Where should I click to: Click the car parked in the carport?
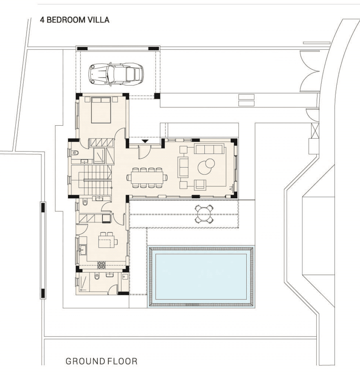coord(116,74)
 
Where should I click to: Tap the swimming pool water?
coord(201,277)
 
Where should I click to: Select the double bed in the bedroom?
coord(101,110)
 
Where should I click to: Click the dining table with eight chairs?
coord(147,178)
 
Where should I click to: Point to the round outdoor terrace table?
coord(204,213)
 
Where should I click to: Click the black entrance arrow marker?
coord(145,141)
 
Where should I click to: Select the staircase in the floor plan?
coord(95,180)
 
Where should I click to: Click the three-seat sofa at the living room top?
coord(210,149)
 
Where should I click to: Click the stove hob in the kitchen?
coord(101,265)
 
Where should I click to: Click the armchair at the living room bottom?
coord(200,185)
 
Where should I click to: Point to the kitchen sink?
coord(83,250)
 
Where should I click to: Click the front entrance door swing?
coord(144,152)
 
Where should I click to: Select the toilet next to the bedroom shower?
coord(75,153)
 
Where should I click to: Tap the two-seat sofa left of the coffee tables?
coord(183,167)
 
